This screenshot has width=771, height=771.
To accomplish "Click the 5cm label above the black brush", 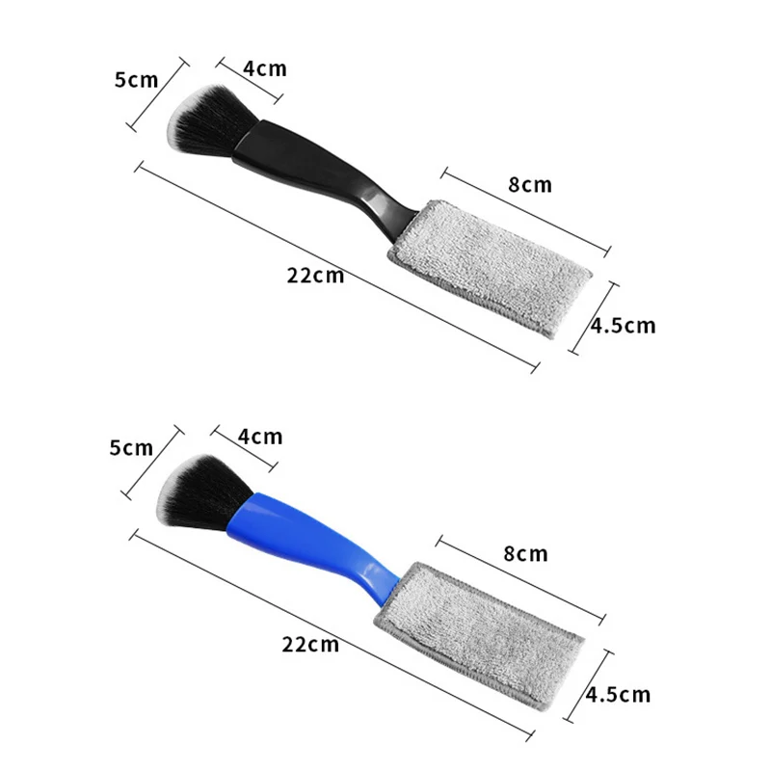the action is tap(136, 80).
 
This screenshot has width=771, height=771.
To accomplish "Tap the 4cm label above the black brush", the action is tap(264, 68).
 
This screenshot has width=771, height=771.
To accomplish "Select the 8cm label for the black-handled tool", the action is tap(530, 184).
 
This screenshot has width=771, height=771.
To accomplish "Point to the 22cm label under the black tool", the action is tap(315, 276).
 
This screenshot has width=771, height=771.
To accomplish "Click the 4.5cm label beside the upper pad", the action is tap(623, 326).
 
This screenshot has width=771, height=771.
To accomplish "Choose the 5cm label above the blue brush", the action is tap(131, 448).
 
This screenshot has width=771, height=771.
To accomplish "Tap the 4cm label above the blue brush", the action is tap(260, 437).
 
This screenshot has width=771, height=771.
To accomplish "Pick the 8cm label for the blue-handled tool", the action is tap(525, 553).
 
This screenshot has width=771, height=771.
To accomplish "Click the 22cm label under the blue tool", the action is tap(310, 644).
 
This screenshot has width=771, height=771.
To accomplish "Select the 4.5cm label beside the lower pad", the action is tap(618, 694).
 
